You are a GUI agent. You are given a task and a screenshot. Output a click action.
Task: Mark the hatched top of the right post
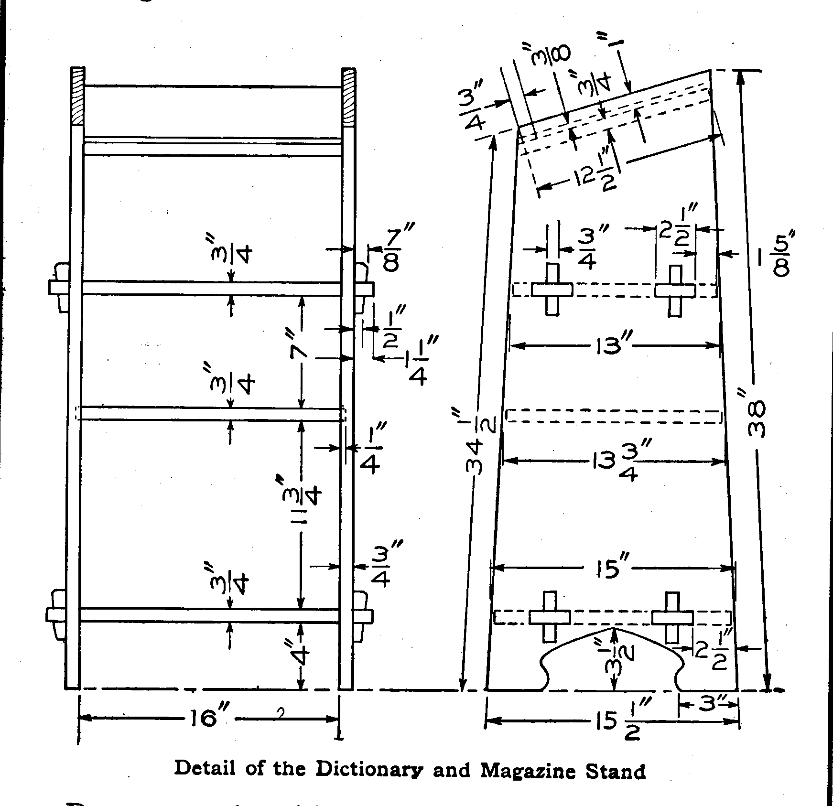tap(348, 97)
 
